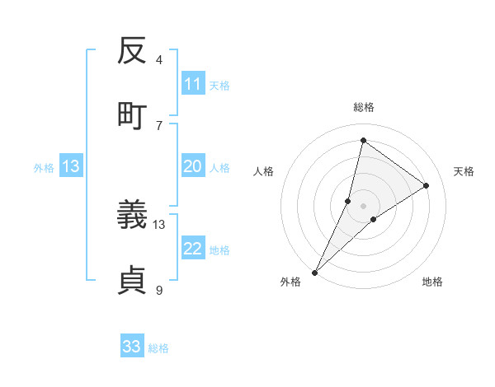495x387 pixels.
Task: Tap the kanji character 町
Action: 133,114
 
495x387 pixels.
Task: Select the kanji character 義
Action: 133,217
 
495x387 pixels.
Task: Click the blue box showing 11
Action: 193,84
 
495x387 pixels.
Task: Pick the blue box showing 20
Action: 193,166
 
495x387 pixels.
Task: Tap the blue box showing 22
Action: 193,249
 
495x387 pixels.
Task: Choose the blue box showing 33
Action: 132,347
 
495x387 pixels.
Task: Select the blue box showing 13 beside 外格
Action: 71,166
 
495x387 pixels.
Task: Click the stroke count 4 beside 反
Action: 159,60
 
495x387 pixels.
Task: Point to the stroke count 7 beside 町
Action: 159,125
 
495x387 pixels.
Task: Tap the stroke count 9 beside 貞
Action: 159,290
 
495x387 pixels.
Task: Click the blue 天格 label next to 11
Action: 219,85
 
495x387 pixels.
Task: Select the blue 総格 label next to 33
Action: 158,348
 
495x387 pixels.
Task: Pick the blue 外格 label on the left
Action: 44,168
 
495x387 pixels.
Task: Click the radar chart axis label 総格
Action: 363,107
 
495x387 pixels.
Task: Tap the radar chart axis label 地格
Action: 432,282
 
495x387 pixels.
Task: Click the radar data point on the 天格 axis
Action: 427,185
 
